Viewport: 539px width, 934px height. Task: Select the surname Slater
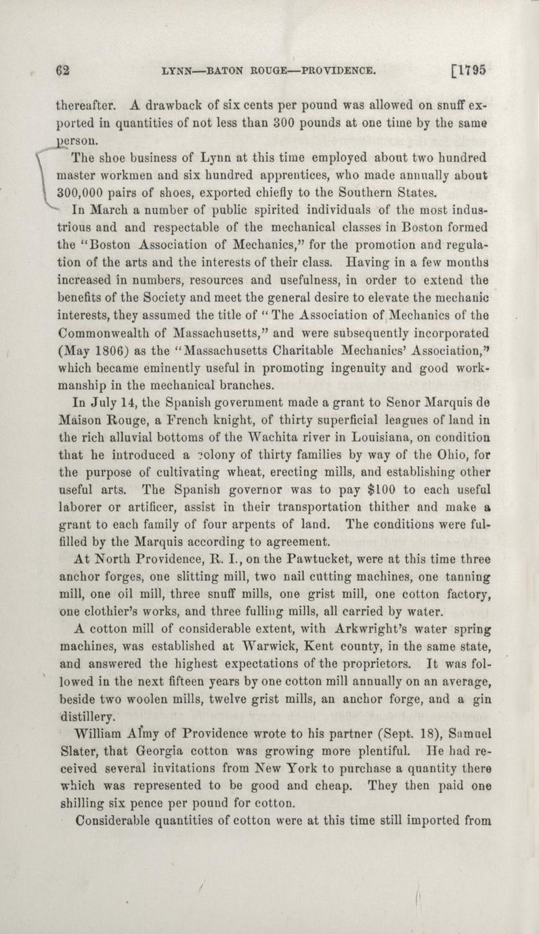(x=74, y=751)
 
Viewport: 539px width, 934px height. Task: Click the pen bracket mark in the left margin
(x=45, y=183)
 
